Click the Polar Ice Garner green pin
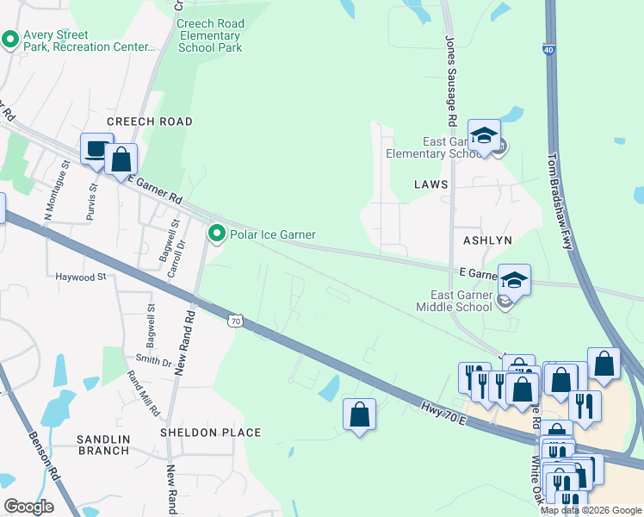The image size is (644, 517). [217, 234]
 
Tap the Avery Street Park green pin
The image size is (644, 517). [11, 39]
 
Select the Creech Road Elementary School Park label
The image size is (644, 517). [210, 35]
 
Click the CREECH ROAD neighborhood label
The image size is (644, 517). [149, 121]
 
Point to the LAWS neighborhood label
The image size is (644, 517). [430, 184]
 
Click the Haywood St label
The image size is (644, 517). [79, 277]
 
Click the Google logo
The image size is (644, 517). [28, 506]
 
